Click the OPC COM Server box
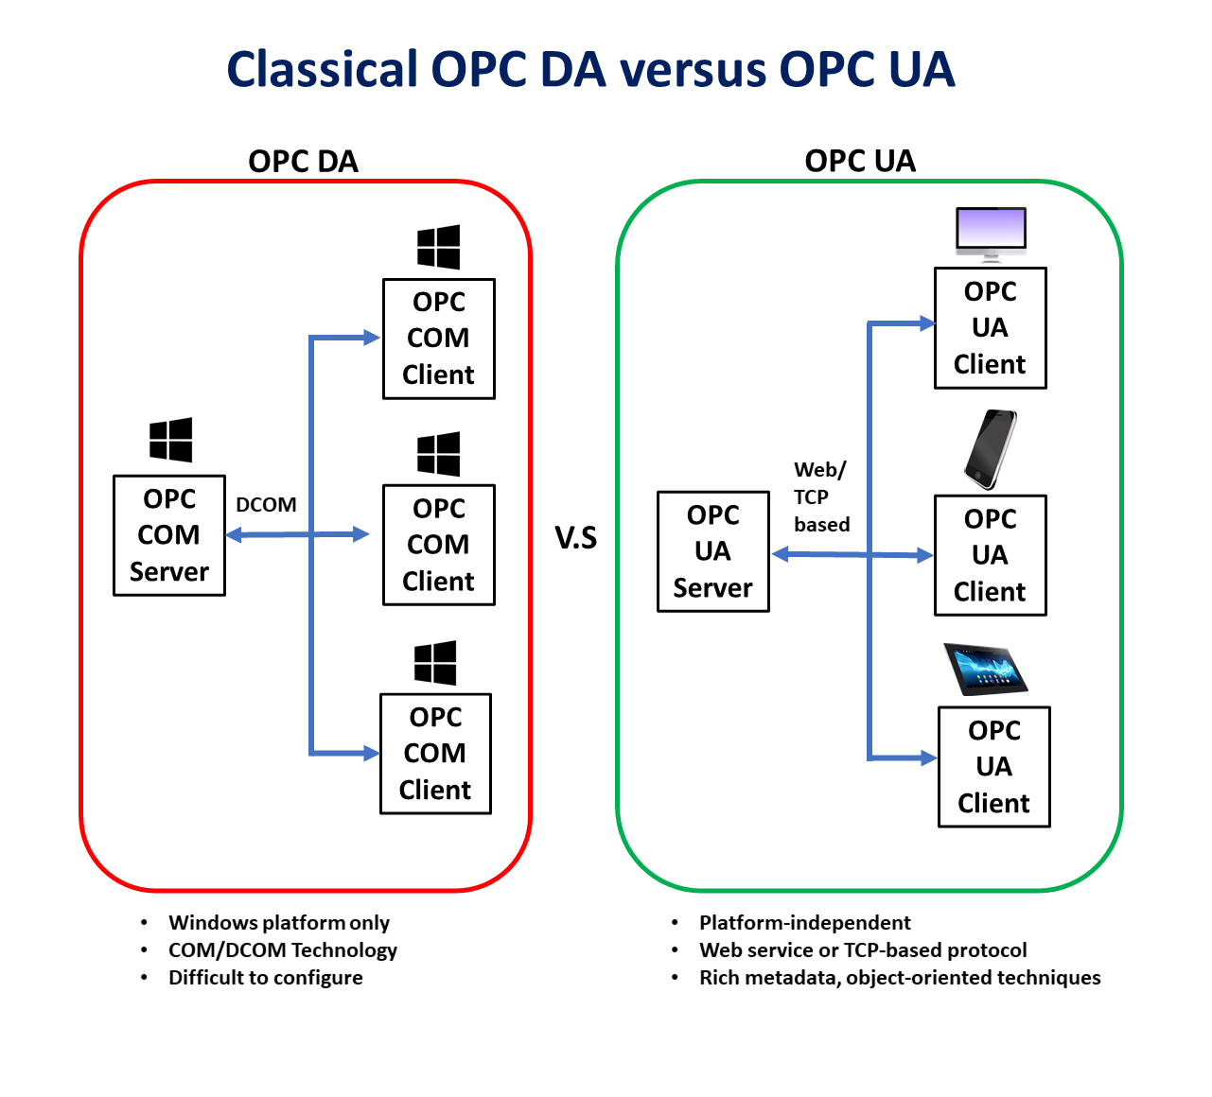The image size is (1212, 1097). pos(169,535)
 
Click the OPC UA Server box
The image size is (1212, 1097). pos(713,551)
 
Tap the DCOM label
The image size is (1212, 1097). pos(266,505)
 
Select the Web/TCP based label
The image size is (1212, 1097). pos(820,497)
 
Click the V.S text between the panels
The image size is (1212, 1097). pos(575,538)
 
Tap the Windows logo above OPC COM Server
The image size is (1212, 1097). pos(171,440)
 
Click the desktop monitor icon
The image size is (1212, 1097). pos(991,234)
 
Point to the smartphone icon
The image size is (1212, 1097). pos(991,449)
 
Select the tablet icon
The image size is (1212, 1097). pos(985,669)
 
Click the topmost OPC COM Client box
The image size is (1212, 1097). pos(439,339)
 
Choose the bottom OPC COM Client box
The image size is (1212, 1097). pos(435,754)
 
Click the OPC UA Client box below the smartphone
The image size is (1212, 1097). pos(991,555)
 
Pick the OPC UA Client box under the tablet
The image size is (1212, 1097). pos(994,767)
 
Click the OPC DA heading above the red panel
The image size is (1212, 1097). pos(303,161)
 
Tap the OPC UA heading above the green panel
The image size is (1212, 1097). pos(860,161)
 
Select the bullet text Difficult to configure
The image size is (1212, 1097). pos(265,978)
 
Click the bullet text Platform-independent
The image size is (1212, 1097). pos(804,923)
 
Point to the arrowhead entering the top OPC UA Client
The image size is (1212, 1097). pos(926,324)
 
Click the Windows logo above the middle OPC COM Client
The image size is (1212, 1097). pos(439,455)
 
